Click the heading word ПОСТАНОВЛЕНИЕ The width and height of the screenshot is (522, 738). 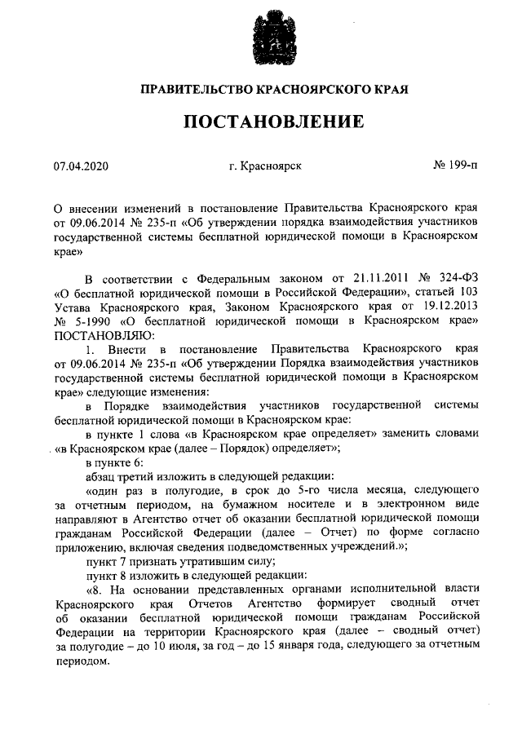coord(272,122)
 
